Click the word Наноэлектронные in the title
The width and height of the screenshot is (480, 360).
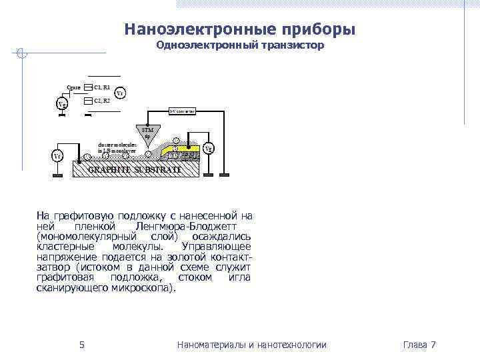183,30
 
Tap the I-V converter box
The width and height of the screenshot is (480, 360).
181,111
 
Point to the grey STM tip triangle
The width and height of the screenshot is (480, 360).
148,133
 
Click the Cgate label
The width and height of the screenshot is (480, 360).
73,87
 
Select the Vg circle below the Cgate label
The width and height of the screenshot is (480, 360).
61,104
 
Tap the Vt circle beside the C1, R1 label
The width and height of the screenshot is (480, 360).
120,93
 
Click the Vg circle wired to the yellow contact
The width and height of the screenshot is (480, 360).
209,149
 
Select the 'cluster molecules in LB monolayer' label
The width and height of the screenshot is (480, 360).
117,148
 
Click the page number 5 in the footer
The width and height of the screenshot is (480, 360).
81,345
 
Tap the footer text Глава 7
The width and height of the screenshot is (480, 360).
419,345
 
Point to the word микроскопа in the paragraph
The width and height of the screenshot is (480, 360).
143,288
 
